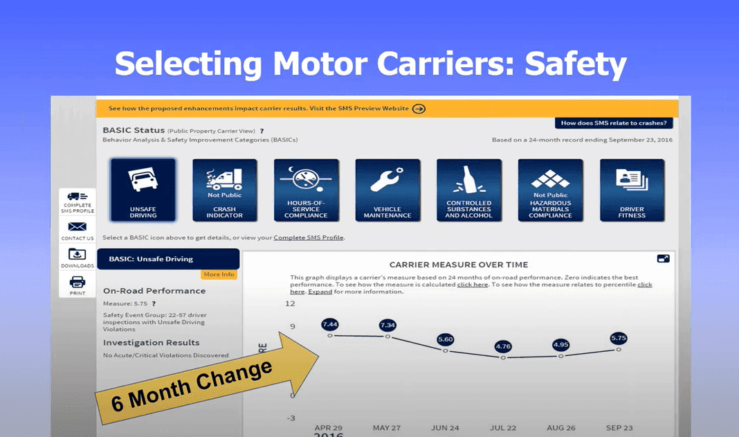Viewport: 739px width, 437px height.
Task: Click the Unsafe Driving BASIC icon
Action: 143,190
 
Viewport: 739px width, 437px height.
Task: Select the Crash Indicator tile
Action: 225,190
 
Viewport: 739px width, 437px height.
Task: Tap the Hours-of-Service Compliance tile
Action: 307,190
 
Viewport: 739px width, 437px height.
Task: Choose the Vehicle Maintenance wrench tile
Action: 387,190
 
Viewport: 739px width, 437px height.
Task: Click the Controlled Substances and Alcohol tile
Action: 469,190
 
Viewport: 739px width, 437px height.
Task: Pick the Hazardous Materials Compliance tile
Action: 551,190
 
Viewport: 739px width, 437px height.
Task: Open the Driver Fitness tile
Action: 632,190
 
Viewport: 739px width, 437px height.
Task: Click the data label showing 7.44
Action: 330,324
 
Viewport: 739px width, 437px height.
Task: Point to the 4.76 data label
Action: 504,346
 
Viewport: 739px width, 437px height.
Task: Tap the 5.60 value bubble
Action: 446,339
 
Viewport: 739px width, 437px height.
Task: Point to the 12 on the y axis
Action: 290,303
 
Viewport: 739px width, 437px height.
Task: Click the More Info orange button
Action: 219,274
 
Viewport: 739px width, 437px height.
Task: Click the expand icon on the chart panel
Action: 663,258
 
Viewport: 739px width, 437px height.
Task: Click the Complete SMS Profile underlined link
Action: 308,238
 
